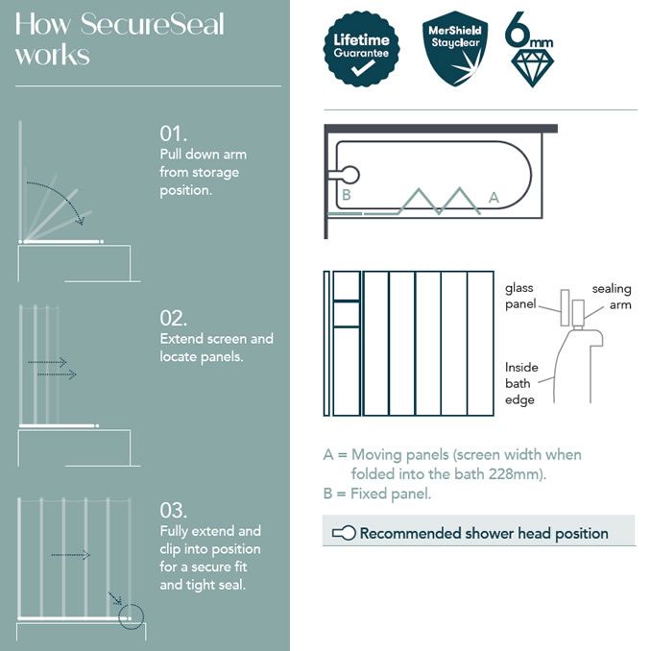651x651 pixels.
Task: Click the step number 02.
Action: (175, 319)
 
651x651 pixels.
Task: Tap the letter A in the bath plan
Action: (494, 197)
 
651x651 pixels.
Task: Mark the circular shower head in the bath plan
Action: (348, 175)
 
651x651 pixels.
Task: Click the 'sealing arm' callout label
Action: (611, 297)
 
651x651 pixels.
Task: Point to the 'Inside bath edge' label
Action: (521, 383)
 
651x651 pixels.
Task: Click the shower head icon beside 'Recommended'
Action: (343, 533)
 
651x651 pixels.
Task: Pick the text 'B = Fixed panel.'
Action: (377, 494)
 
